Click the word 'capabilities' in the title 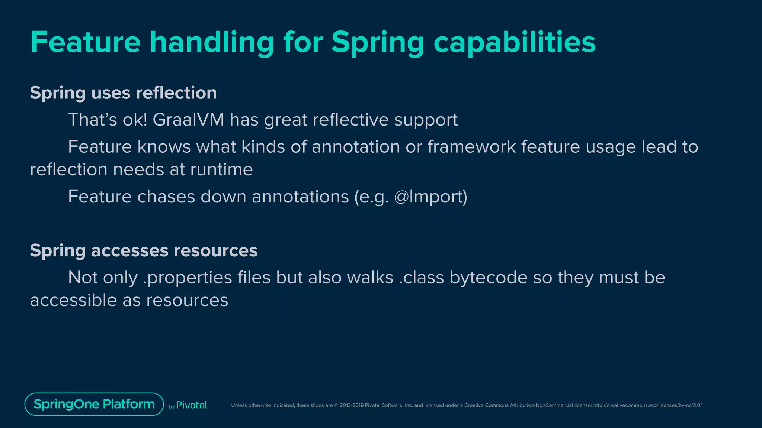pos(514,42)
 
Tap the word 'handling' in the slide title pos(212,42)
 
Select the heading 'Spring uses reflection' pos(123,93)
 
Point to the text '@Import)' pos(430,197)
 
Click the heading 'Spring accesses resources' pos(144,250)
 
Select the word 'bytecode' pos(488,278)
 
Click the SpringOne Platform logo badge pos(94,404)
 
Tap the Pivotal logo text pos(191,405)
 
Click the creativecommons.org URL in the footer pos(647,405)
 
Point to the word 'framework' pos(471,147)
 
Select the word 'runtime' pos(221,170)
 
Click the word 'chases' pos(166,197)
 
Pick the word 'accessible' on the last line pos(73,300)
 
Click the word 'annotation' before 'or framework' pos(356,147)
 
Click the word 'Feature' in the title pos(86,42)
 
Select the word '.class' pos(421,278)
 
